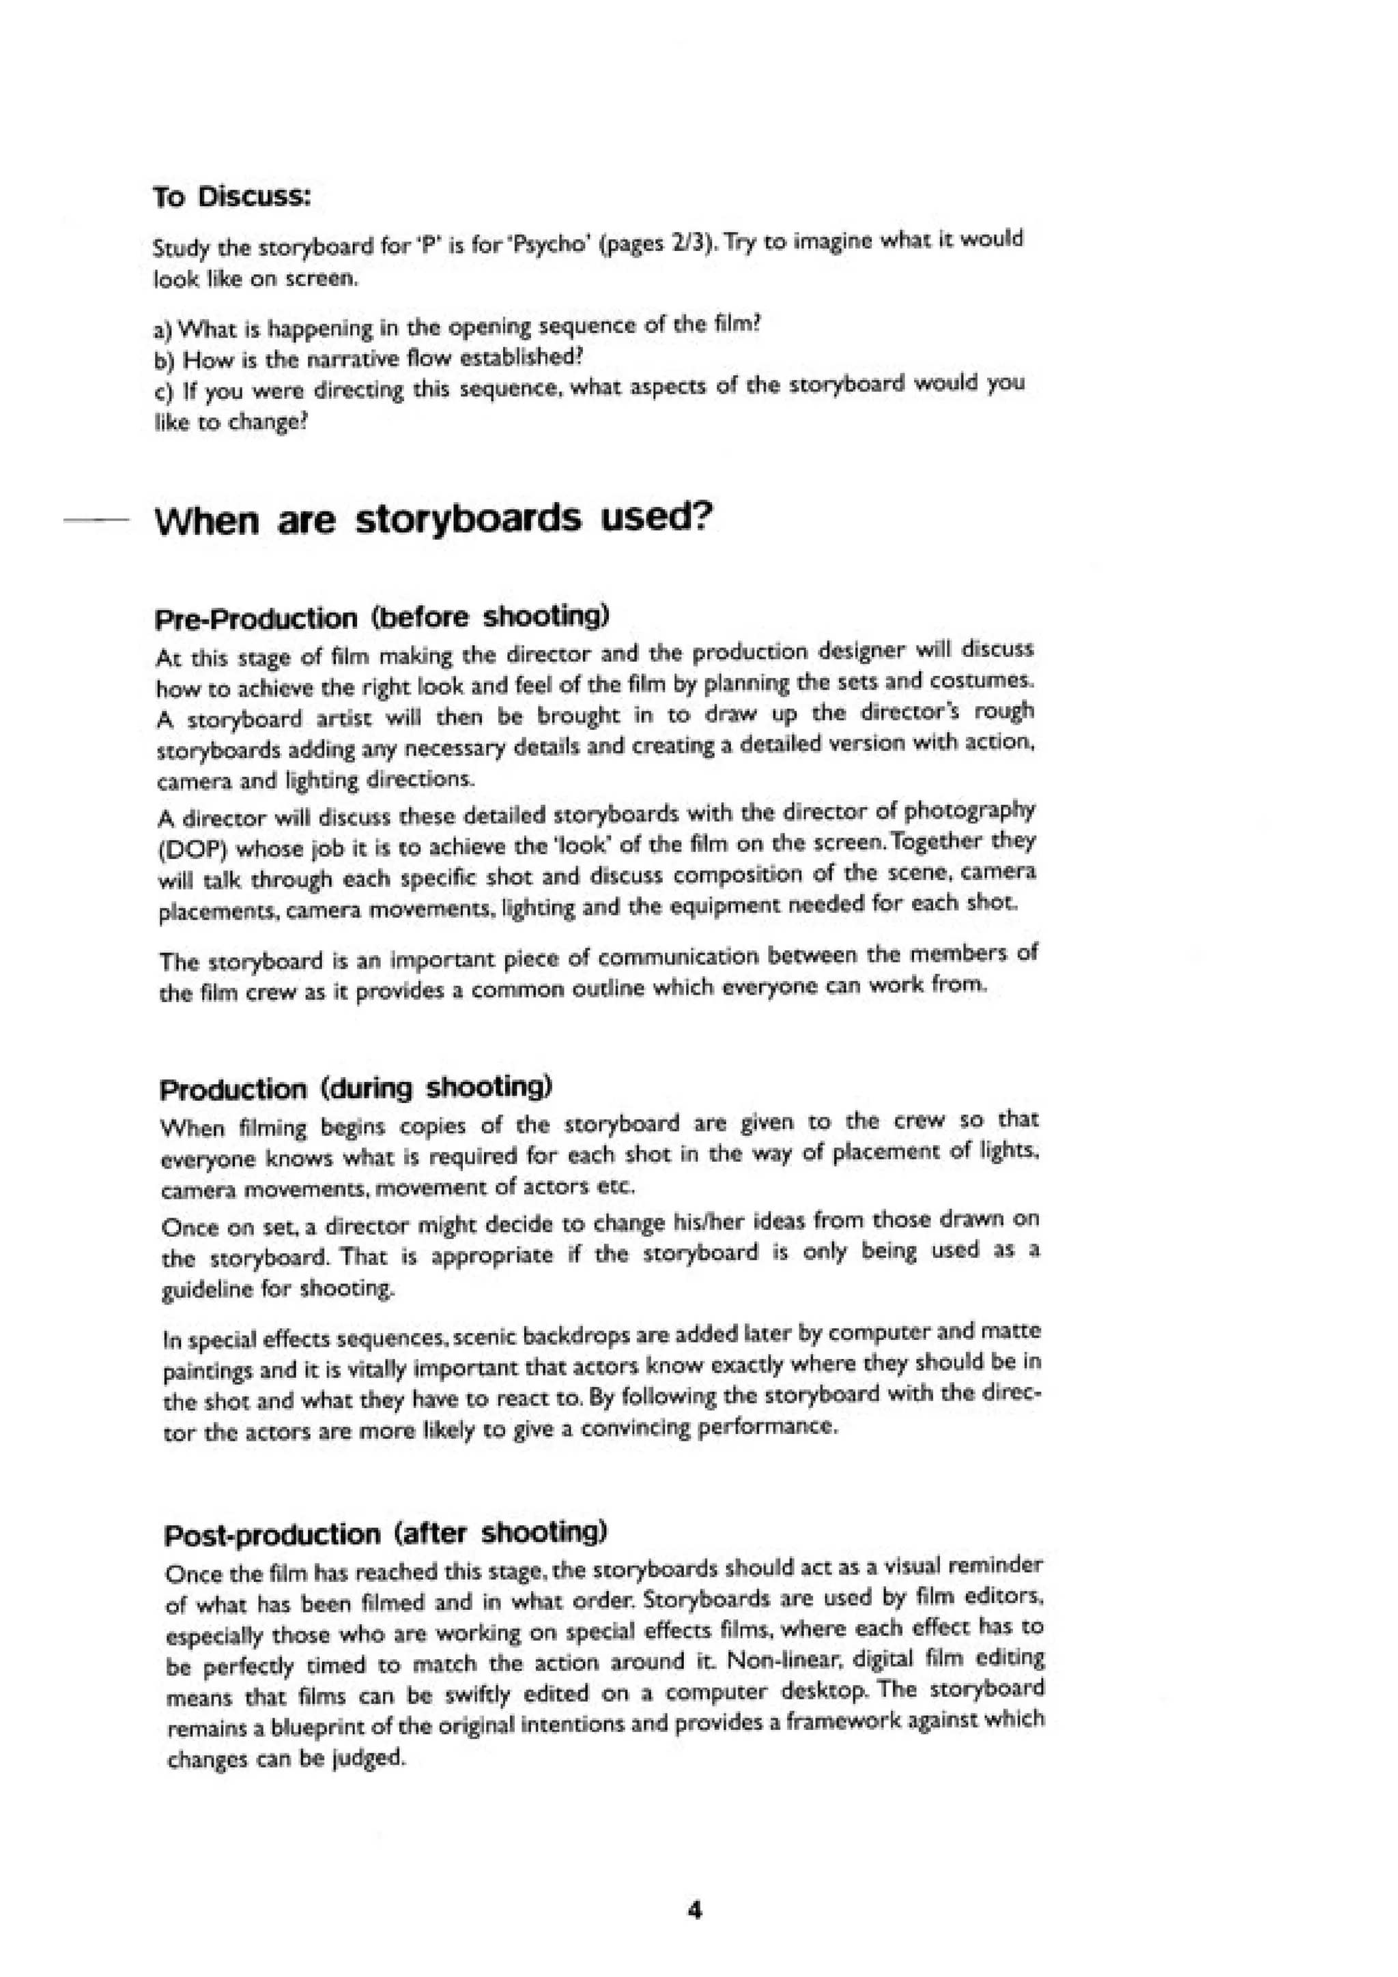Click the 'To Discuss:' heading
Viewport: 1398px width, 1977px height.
231,197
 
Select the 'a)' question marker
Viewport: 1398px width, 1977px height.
162,329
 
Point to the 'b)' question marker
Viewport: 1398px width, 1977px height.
162,360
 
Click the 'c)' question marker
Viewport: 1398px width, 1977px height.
162,392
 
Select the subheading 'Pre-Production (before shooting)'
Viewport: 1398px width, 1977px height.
382,617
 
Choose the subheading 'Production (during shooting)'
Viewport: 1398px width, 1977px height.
355,1088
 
